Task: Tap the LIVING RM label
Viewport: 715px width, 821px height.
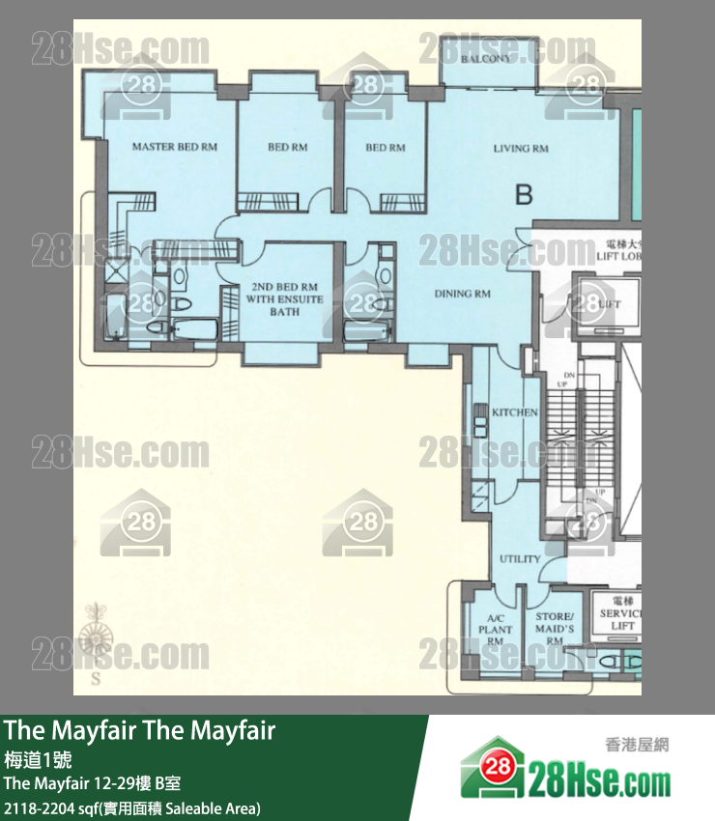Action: tap(521, 148)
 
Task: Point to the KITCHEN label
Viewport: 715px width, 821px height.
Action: tap(514, 412)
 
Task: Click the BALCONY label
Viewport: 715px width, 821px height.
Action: tap(485, 60)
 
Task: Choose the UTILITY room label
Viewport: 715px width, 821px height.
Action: tap(519, 559)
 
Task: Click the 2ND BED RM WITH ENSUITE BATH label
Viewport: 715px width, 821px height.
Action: tap(286, 299)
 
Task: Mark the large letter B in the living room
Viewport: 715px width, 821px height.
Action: tap(524, 195)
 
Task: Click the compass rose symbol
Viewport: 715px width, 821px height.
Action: tap(96, 637)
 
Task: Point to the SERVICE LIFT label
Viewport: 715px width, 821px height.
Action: tap(618, 619)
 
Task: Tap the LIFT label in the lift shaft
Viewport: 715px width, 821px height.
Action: tap(609, 304)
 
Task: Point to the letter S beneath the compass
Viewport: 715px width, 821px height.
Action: tap(96, 679)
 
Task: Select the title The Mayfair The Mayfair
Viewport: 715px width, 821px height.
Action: tap(140, 731)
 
